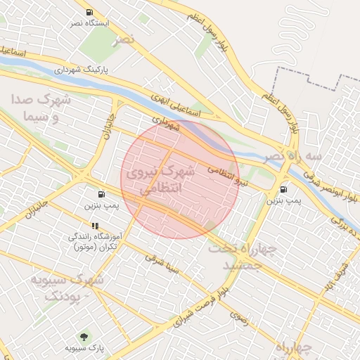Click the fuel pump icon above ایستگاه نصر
[89, 13]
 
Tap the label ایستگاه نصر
[89, 23]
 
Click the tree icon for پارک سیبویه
[85, 337]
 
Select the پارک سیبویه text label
[85, 348]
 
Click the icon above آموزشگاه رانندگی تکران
[95, 226]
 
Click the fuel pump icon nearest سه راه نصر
[283, 189]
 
